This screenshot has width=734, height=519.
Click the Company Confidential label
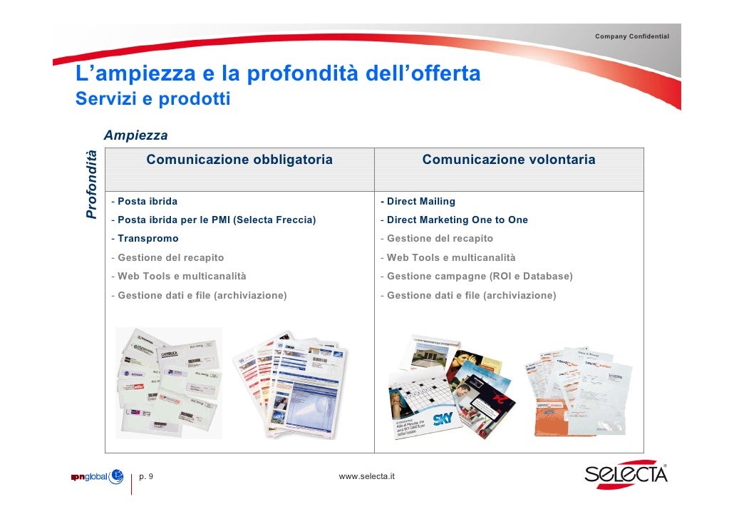632,36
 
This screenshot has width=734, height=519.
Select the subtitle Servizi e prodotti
153,98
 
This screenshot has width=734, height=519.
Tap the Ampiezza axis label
135,135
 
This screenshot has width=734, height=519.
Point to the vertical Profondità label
91,185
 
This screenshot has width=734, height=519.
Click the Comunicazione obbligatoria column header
239,160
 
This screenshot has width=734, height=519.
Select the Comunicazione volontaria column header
508,160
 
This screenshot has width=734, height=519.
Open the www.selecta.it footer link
367,476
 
